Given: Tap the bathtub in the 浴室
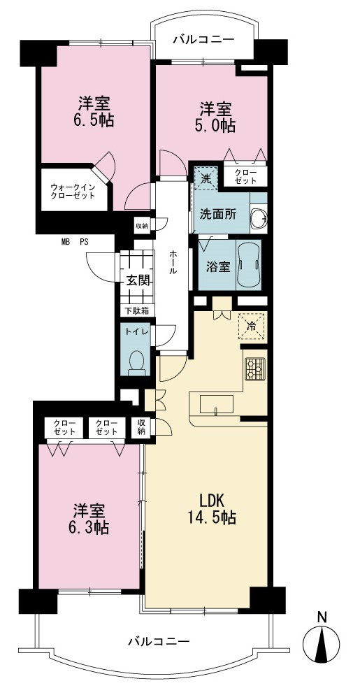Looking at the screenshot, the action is pos(249,264).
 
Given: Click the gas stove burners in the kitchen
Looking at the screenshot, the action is pos(254,368).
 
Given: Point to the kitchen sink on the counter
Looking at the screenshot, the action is pos(217,404).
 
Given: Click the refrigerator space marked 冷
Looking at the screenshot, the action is pos(252,326).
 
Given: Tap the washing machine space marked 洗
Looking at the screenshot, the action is pos(206,178).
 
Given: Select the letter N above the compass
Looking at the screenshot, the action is pos(322,617).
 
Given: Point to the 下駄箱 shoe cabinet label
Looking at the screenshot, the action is pos(136,310).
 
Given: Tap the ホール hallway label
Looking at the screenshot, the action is pos(173,263).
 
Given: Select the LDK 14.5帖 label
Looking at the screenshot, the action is pos(213,509).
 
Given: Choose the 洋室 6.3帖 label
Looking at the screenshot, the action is pos(89,519).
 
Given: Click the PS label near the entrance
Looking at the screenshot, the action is pos(84,241).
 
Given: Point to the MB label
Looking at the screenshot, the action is pos(66,241).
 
